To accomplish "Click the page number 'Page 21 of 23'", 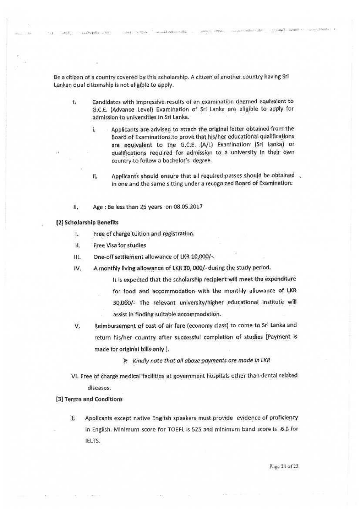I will point(284,467).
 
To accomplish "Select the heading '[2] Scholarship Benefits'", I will point(87,222).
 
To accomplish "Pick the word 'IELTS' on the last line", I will point(92,441).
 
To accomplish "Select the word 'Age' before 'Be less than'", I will point(98,207).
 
